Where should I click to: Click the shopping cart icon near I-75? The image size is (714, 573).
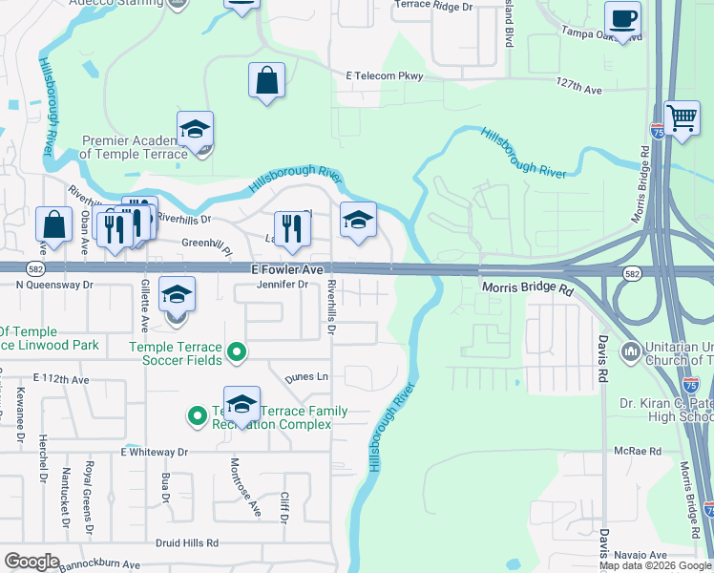tap(682, 119)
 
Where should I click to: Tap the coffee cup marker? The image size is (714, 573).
tap(622, 19)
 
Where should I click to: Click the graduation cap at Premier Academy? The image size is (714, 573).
tap(195, 130)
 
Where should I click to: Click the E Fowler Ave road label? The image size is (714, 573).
tap(286, 270)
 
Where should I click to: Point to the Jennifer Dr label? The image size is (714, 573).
tap(283, 285)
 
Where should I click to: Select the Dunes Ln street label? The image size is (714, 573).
tap(305, 378)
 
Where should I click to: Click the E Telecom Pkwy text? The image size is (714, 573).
tap(384, 75)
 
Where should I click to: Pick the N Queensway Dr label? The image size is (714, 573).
tap(54, 285)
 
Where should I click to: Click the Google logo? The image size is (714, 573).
tap(31, 562)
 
